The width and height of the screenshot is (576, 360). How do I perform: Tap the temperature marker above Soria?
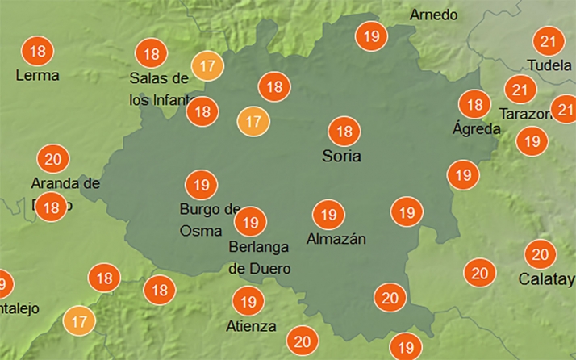(x=344, y=131)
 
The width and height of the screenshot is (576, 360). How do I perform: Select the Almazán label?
(x=336, y=239)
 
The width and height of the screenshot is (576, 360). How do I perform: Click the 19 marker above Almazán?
(x=328, y=214)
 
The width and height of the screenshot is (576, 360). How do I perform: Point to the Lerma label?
(x=38, y=75)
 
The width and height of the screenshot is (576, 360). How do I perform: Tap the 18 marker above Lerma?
(x=37, y=52)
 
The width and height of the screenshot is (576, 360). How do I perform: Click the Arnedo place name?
(x=433, y=15)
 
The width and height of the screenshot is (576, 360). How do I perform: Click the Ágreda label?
(x=471, y=128)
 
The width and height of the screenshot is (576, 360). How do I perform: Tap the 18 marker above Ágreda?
(x=474, y=104)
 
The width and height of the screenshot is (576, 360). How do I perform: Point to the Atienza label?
(x=252, y=326)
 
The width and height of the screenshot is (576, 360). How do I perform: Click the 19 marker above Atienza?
(x=248, y=302)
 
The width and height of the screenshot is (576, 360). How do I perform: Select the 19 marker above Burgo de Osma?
(x=202, y=185)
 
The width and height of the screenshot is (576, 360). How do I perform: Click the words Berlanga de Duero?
(x=260, y=257)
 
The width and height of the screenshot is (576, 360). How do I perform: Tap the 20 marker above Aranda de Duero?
(x=53, y=159)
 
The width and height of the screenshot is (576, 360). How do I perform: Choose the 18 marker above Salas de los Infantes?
(x=151, y=54)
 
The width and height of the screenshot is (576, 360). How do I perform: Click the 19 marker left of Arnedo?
(x=372, y=36)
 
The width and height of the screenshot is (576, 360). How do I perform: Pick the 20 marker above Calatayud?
(x=540, y=255)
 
